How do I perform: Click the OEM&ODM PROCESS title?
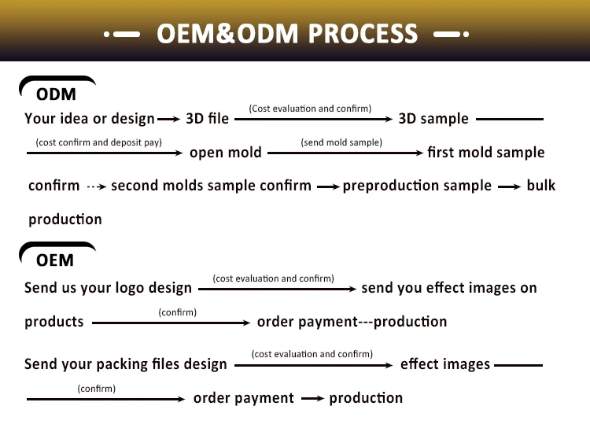pyautogui.click(x=287, y=34)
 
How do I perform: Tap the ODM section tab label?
pyautogui.click(x=56, y=94)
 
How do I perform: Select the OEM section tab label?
pyautogui.click(x=55, y=260)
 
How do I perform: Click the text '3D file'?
pyautogui.click(x=207, y=119)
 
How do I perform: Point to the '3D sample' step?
pyautogui.click(x=433, y=119)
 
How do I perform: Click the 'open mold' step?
pyautogui.click(x=226, y=153)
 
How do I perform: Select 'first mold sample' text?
pyautogui.click(x=485, y=153)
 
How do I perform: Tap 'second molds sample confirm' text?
pyautogui.click(x=211, y=186)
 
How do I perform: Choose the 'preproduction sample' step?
pyautogui.click(x=417, y=186)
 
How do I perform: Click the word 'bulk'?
pyautogui.click(x=540, y=186)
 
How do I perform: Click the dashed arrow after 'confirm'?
pyautogui.click(x=95, y=186)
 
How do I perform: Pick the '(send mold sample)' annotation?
pyautogui.click(x=341, y=142)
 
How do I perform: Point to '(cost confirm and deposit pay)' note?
pyautogui.click(x=98, y=142)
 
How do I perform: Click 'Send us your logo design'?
pyautogui.click(x=108, y=288)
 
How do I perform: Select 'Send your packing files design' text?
pyautogui.click(x=125, y=364)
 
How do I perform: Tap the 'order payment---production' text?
pyautogui.click(x=352, y=322)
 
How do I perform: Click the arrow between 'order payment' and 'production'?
pyautogui.click(x=312, y=399)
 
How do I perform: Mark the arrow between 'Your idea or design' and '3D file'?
pyautogui.click(x=169, y=120)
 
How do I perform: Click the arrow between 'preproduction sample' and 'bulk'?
pyautogui.click(x=509, y=186)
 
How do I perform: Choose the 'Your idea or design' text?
pyautogui.click(x=90, y=119)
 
